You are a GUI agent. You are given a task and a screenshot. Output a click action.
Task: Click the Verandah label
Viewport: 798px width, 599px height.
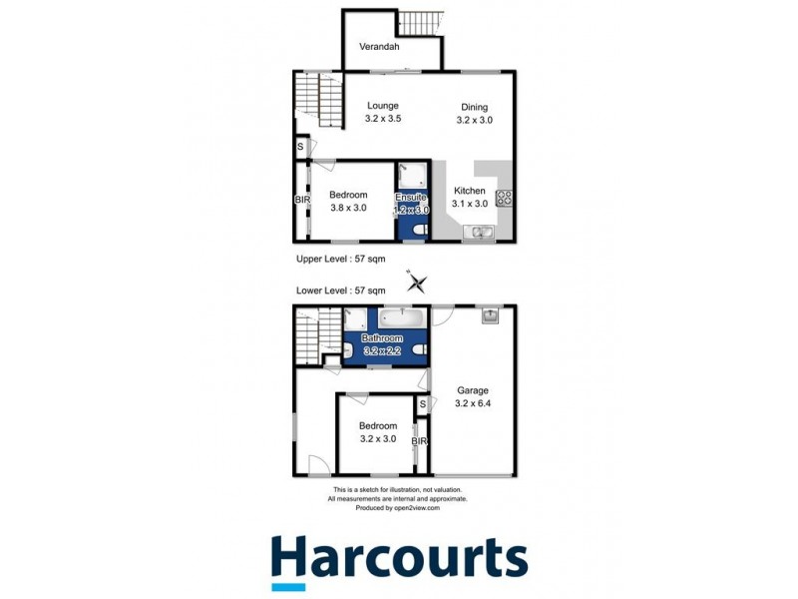pos(379,47)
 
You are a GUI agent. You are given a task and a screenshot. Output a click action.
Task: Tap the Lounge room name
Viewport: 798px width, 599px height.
pos(382,106)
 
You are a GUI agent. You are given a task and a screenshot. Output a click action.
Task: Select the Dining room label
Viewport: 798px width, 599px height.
pos(475,107)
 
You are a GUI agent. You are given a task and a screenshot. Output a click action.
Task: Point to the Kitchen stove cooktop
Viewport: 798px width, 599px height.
pos(505,198)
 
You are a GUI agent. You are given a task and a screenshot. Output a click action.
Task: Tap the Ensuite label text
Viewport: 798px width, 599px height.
pos(411,197)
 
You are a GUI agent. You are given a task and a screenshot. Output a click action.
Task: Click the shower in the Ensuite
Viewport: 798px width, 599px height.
pos(410,176)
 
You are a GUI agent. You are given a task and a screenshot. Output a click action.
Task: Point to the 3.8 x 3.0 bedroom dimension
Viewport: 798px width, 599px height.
pos(349,208)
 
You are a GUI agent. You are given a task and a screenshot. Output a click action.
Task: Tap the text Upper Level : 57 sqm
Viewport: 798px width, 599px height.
pos(341,259)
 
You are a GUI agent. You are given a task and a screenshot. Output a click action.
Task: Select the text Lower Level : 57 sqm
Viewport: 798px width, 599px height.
pos(341,291)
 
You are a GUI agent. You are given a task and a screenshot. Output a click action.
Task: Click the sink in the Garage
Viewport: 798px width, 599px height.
pos(490,316)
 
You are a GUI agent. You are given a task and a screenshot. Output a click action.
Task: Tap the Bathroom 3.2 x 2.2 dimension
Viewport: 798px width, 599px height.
pos(383,351)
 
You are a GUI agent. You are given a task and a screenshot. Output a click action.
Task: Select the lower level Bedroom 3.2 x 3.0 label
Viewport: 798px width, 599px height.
pos(378,432)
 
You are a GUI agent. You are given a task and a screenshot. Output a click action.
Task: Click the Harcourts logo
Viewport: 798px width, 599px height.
pos(399,559)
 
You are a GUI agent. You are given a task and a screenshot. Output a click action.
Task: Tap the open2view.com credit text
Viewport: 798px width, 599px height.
pos(399,508)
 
